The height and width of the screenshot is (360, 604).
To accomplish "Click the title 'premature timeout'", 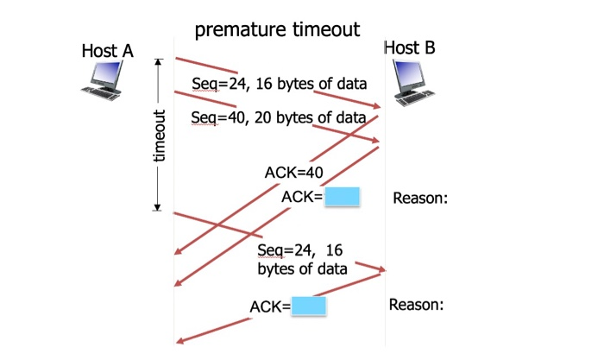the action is (x=277, y=29).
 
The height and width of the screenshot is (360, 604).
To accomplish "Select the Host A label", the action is (x=108, y=51).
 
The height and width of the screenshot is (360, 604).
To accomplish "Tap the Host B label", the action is (x=410, y=47).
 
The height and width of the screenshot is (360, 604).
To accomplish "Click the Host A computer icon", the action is (x=103, y=80).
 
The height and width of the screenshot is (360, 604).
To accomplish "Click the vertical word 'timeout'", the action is (x=159, y=136).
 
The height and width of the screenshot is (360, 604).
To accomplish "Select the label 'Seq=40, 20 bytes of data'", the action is (x=278, y=117).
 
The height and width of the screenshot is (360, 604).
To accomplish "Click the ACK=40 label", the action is (x=294, y=173).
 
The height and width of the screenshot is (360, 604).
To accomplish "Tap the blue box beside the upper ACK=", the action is (x=342, y=197).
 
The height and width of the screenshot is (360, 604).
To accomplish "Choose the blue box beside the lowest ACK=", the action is (x=309, y=306).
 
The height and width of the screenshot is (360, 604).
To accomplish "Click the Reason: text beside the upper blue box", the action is (x=420, y=198).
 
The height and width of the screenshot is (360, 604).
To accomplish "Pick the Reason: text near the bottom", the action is (x=417, y=305).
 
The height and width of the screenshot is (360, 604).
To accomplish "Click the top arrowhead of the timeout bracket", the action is (x=157, y=61).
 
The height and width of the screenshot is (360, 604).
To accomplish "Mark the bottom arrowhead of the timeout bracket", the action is (x=157, y=207).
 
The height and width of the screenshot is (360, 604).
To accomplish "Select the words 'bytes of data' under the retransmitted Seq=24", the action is (x=302, y=268).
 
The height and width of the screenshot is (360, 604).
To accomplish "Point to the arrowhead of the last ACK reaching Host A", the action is (x=179, y=340).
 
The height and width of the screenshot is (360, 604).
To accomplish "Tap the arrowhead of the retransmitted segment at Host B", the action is (x=381, y=269).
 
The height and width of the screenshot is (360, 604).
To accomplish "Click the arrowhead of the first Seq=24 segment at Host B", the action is (x=376, y=105).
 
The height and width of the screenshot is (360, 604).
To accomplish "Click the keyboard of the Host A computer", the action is (x=100, y=93).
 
